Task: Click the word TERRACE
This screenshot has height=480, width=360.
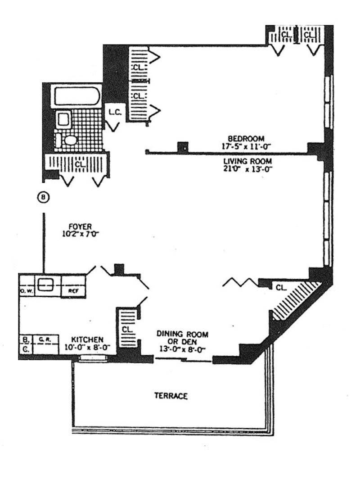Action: click(x=171, y=396)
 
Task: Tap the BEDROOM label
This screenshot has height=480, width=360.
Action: click(x=246, y=138)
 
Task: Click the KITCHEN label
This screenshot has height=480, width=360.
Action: click(x=88, y=340)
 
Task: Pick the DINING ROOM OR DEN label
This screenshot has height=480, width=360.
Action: click(x=182, y=337)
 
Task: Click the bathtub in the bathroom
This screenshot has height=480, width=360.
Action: click(x=76, y=96)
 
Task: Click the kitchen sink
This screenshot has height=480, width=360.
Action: click(x=45, y=285)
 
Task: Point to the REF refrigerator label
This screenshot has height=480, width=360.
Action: click(x=73, y=291)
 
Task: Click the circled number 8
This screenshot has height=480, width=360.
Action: click(x=43, y=197)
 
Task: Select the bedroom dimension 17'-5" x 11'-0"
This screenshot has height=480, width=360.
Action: click(x=246, y=146)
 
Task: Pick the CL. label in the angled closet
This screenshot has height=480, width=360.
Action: click(x=281, y=286)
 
